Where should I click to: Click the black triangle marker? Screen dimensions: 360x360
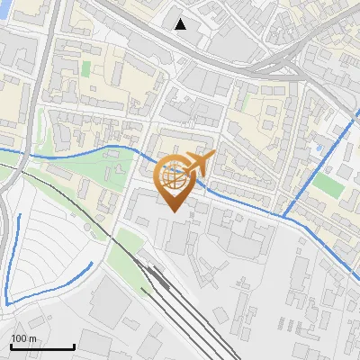181,23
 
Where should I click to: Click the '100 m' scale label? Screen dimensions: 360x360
23,338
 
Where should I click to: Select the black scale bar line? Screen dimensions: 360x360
42,347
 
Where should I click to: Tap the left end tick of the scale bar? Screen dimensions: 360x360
11,346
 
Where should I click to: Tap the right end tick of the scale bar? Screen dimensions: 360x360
74,346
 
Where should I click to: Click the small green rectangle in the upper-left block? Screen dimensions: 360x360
86,69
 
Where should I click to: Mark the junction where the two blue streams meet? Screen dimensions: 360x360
283,216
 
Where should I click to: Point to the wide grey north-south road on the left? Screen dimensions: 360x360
48,54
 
